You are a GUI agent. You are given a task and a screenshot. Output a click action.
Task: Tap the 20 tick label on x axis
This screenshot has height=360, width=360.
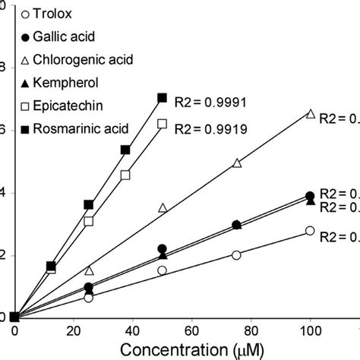[x=74, y=330]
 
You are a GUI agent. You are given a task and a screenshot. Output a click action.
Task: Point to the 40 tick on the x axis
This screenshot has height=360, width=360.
[x=133, y=330]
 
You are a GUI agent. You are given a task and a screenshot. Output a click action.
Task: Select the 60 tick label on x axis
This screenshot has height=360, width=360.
[x=191, y=330]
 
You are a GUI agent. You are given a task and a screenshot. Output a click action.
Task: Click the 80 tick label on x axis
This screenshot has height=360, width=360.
[x=251, y=330]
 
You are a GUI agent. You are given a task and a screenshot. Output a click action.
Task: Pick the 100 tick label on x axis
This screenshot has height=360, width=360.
[x=309, y=330]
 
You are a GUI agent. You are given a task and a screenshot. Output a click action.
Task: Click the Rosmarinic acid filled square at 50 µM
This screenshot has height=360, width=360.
[x=162, y=98]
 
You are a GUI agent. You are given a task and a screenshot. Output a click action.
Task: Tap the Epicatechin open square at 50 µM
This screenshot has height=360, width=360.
[x=162, y=123]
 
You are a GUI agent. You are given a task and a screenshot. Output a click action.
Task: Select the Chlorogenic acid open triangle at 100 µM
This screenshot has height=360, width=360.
[x=310, y=113]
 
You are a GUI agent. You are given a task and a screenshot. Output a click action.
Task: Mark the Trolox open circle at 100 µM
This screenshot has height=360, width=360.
[x=310, y=231]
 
